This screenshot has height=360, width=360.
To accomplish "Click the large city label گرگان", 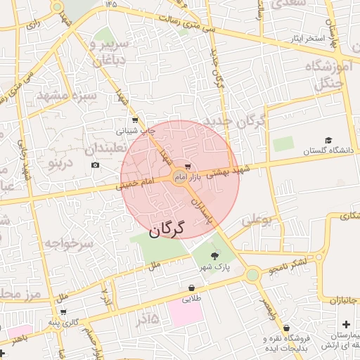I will pos(167,229).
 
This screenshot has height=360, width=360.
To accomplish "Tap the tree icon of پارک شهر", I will pos(214,256).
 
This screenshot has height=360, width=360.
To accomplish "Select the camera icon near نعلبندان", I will pos(96,165).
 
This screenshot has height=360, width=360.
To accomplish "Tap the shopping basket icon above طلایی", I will pos(191,288).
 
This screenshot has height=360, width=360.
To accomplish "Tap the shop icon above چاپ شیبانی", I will pos(134,120).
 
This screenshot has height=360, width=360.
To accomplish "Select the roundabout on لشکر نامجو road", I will pos(252,275).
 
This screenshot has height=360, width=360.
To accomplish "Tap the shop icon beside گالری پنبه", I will pos(63,311).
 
